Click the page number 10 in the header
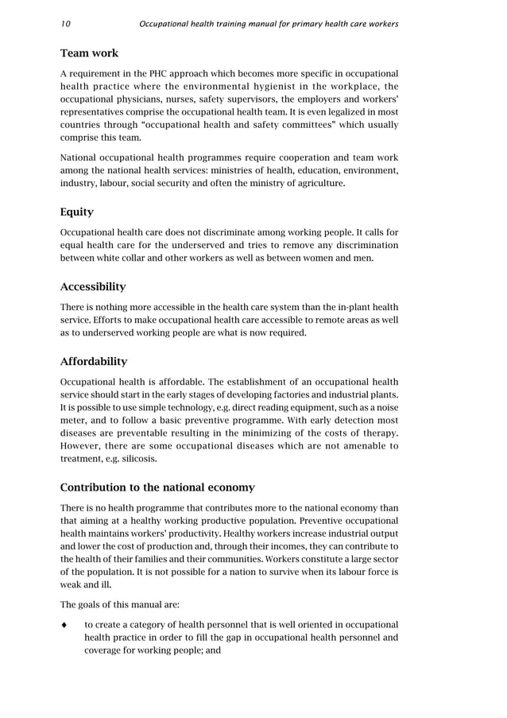pos(65,24)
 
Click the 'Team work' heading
pos(89,53)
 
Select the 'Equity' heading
pos(77,212)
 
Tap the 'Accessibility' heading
pos(92,286)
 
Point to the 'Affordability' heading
pos(94,361)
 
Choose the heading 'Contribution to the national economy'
pos(157,487)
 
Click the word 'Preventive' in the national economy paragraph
pos(292,520)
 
